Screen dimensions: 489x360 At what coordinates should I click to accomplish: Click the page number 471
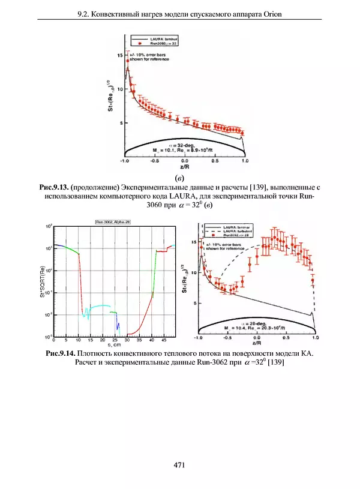(x=179, y=465)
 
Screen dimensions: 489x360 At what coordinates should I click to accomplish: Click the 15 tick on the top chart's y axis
(x=119, y=55)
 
